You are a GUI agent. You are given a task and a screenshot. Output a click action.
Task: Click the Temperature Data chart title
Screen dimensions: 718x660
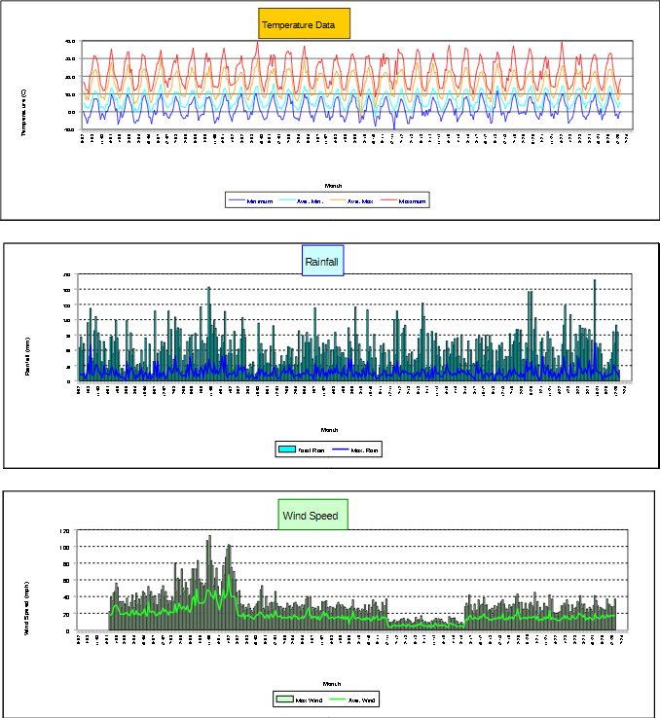(304, 25)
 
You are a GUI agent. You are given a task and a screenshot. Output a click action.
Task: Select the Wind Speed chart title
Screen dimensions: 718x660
(312, 515)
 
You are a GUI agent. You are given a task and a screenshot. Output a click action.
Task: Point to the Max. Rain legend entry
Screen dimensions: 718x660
(357, 449)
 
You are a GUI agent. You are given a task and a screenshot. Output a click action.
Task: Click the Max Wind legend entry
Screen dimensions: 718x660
(308, 699)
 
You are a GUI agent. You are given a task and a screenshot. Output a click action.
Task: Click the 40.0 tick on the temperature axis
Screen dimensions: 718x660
(70, 42)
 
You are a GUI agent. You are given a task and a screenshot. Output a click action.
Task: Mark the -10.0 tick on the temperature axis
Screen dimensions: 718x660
(70, 127)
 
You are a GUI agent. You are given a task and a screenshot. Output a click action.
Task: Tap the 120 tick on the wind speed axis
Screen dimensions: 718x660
(65, 531)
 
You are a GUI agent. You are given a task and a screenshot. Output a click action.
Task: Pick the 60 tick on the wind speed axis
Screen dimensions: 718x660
(65, 581)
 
